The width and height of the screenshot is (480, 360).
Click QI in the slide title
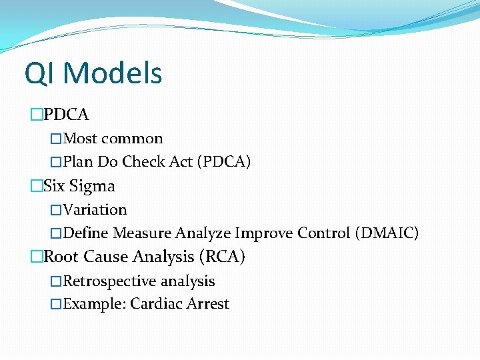[40, 73]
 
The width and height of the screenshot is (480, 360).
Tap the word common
[132, 139]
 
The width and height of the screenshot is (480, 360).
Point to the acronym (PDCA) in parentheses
[224, 161]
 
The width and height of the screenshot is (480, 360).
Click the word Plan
[78, 161]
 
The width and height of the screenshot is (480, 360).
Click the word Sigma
[92, 186]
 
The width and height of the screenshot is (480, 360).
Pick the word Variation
[95, 209]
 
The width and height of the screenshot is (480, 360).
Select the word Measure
[143, 233]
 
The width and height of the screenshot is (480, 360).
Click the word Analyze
[203, 233]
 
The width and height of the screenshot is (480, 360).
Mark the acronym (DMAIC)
[387, 233]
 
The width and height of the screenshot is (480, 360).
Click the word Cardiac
[157, 304]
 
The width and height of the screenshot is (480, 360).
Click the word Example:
[95, 304]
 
